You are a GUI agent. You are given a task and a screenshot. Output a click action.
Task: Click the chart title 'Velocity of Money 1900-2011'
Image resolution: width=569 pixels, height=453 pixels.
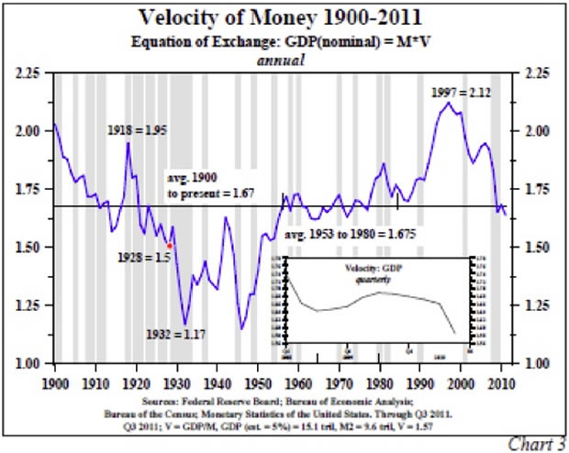(x=285, y=17)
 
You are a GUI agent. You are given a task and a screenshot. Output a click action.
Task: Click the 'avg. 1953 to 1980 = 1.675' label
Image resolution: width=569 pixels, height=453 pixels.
(x=351, y=235)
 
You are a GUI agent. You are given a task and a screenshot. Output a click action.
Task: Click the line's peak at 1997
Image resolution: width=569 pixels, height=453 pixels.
(x=449, y=103)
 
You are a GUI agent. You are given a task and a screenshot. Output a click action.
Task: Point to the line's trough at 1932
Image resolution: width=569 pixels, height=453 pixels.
(x=185, y=324)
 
